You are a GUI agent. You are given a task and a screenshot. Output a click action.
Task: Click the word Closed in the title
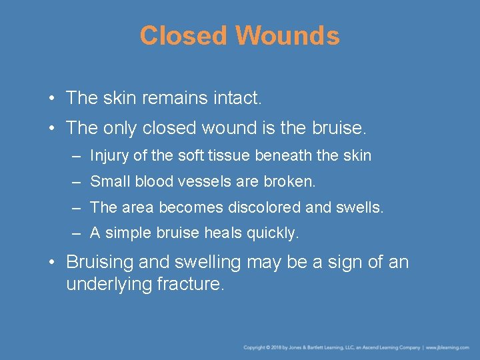(183, 35)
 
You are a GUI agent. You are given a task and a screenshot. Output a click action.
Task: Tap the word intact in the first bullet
(237, 99)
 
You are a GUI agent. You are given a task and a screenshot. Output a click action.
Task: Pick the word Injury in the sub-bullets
(109, 156)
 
